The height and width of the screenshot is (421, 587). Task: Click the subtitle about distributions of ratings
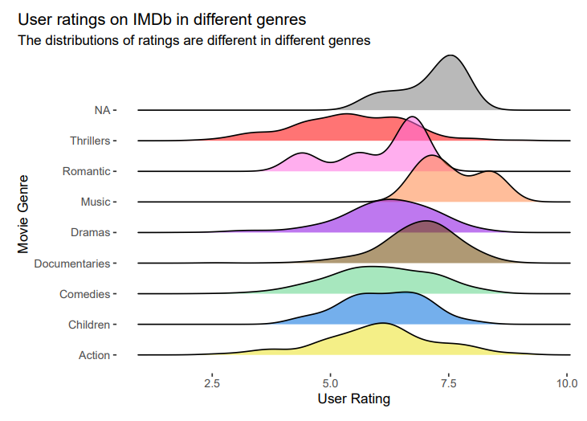click(194, 41)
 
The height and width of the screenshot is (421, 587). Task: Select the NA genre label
click(101, 109)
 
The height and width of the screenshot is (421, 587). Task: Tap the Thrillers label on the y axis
click(89, 141)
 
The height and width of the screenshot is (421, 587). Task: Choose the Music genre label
click(96, 202)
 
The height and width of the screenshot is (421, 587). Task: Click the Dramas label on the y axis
click(91, 232)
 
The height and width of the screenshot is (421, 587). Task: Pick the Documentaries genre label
click(72, 263)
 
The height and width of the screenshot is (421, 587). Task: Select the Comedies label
click(84, 294)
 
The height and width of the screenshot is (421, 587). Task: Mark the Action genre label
click(94, 355)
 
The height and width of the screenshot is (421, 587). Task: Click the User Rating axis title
click(353, 399)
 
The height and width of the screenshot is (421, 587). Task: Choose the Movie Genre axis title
click(24, 215)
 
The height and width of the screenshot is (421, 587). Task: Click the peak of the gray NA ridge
click(451, 56)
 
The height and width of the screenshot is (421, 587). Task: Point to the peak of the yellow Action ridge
click(382, 324)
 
